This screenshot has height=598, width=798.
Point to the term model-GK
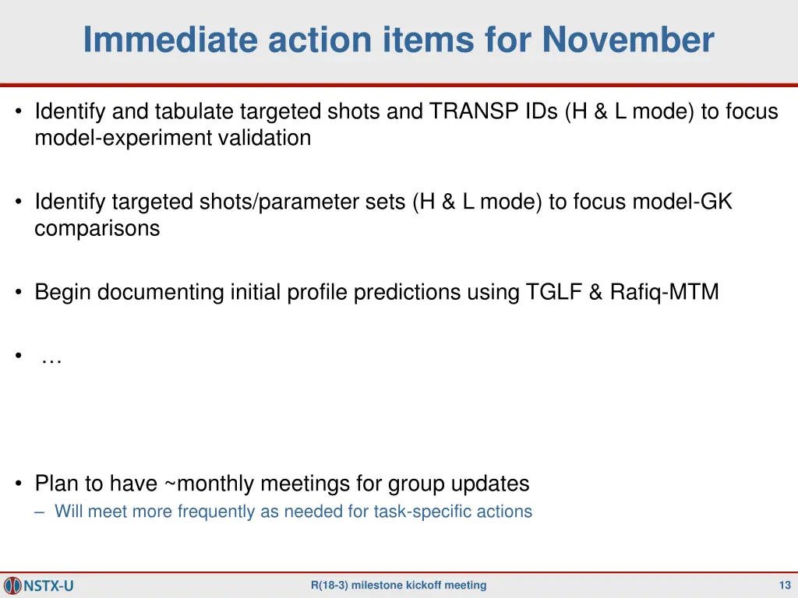pos(682,202)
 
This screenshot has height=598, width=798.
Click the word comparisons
pos(97,229)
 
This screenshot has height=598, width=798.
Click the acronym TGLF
pos(553,293)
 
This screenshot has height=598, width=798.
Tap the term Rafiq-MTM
pos(664,293)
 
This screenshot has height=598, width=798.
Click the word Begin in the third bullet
pos(63,293)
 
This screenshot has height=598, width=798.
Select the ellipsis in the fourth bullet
pos(51,360)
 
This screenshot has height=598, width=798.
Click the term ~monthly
pos(209,484)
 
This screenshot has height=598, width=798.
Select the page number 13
pos(785,586)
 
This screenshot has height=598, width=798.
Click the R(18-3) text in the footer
pos(329,586)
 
